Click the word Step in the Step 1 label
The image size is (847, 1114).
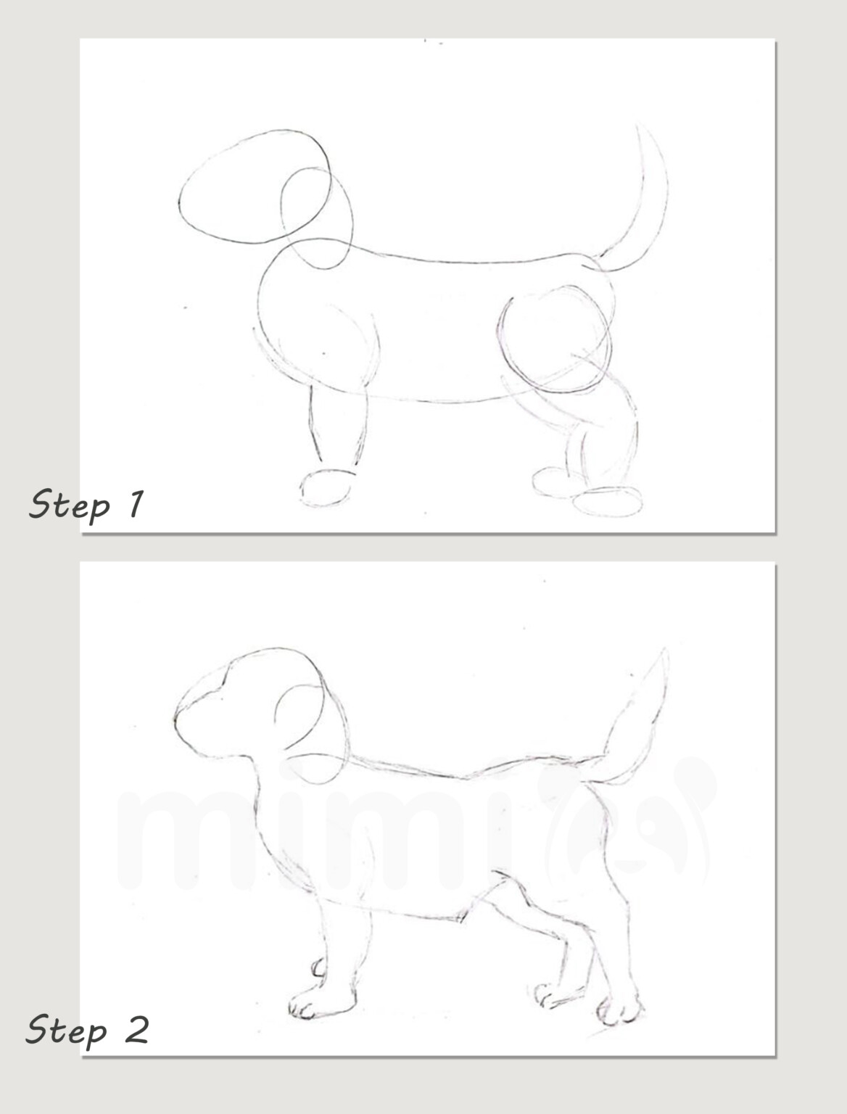[x=69, y=505]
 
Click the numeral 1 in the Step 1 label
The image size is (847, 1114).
[x=134, y=503]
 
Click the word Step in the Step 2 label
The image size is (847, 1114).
[x=67, y=1030]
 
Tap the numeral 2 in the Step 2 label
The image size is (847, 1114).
[x=135, y=1029]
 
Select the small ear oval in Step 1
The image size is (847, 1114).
[x=316, y=218]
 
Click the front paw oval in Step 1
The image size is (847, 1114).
[x=326, y=487]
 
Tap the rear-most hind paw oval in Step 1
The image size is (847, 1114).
[x=608, y=502]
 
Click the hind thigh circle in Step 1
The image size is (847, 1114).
[x=555, y=337]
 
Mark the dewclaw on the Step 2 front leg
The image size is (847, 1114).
[x=318, y=967]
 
